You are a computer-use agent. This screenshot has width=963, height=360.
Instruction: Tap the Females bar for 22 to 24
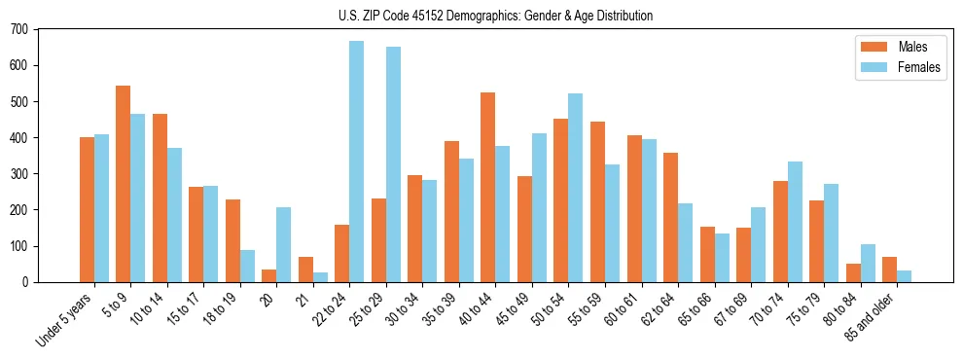point(357,162)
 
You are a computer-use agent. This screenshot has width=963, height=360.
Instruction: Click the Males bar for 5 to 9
point(124,184)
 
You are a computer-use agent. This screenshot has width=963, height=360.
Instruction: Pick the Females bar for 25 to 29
point(393,164)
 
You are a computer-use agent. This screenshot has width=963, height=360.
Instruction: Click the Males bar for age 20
point(269,275)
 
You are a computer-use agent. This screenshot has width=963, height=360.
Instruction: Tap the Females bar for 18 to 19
point(247,266)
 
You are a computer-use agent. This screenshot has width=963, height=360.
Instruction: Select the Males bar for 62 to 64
point(670,217)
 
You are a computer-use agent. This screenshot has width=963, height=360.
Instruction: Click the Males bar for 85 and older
point(889,270)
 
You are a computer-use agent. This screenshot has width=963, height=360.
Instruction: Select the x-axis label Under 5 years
point(66,319)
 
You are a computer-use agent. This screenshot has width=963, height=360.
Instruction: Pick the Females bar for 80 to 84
point(868,263)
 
